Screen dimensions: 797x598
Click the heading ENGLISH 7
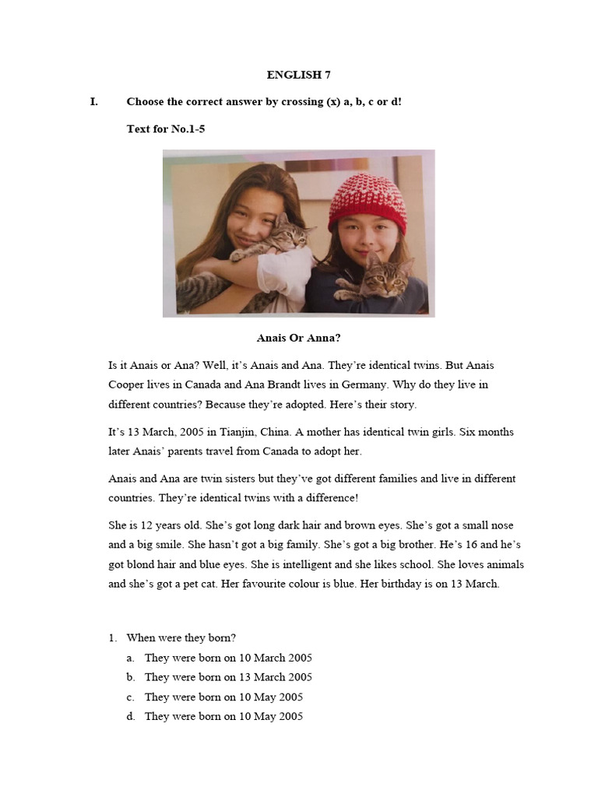pyautogui.click(x=294, y=75)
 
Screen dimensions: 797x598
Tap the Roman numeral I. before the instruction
pyautogui.click(x=94, y=102)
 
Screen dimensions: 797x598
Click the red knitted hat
pyautogui.click(x=367, y=202)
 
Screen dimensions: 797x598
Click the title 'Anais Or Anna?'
pyautogui.click(x=298, y=338)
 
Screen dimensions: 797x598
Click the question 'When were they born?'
pyautogui.click(x=181, y=637)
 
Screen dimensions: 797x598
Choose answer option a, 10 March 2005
pyautogui.click(x=228, y=658)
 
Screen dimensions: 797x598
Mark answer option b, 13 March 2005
pyautogui.click(x=228, y=677)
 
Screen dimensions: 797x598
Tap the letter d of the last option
pyautogui.click(x=131, y=716)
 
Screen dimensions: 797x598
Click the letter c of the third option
pyautogui.click(x=131, y=697)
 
